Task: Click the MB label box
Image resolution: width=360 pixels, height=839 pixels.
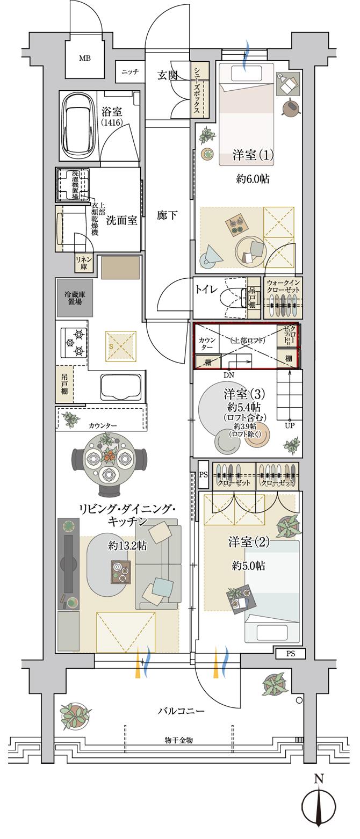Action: tap(85, 58)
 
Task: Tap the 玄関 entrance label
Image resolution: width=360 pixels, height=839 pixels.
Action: tap(168, 75)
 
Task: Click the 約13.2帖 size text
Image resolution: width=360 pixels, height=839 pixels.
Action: tap(127, 545)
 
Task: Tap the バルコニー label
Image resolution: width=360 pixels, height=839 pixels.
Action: tap(181, 711)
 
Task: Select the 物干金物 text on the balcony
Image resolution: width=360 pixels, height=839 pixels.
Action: tap(178, 740)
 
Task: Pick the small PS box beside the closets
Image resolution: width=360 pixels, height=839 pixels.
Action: tap(203, 474)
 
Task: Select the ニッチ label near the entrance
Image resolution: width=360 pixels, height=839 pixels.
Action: tap(129, 71)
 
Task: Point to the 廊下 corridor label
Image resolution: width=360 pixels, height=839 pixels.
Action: tap(167, 215)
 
